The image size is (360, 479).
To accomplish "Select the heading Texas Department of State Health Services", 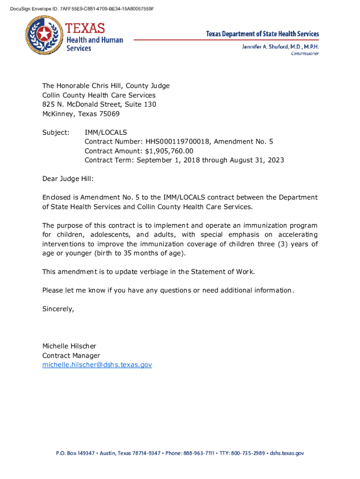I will pyautogui.click(x=263, y=34).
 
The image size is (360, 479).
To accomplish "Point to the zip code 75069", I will pyautogui.click(x=108, y=114).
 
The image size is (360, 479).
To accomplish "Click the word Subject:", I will pyautogui.click(x=56, y=132).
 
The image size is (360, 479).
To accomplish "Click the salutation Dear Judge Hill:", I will pyautogui.click(x=68, y=179).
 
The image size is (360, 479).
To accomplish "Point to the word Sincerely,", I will pyautogui.click(x=58, y=309).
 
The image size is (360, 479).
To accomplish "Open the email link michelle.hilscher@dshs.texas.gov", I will pyautogui.click(x=97, y=364).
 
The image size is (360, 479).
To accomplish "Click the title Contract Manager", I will pyautogui.click(x=71, y=356).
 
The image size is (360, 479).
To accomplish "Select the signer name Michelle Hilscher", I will pyautogui.click(x=69, y=346).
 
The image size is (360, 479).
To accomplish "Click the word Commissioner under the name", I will pyautogui.click(x=305, y=54).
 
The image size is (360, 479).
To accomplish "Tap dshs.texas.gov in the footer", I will pyautogui.click(x=287, y=453).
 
